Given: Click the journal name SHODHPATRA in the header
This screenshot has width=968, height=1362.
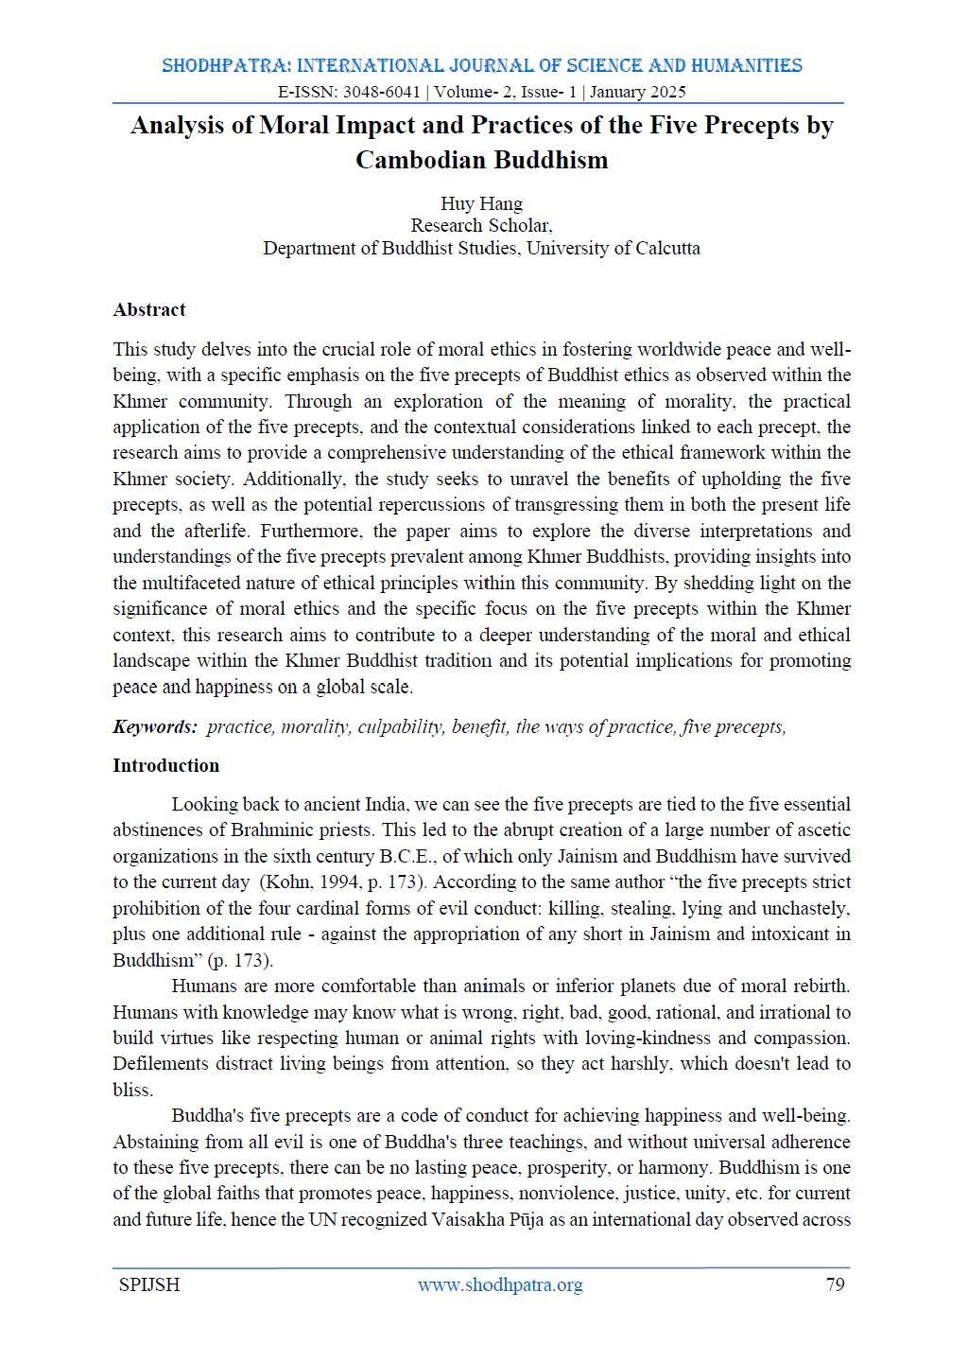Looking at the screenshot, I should pos(226,65).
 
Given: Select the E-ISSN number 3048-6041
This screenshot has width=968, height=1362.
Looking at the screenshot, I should pos(381,92).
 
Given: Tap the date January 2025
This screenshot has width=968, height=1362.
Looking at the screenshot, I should pos(638,92).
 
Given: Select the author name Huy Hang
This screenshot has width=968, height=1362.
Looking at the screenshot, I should pos(481,203).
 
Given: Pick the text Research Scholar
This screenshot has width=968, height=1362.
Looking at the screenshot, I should pos(481,225).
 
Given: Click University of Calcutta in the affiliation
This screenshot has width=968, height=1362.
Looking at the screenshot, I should pos(614,248).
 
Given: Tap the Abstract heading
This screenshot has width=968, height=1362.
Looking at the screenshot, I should pos(149,309).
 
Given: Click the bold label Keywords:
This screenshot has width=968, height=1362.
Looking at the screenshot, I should pos(155,726).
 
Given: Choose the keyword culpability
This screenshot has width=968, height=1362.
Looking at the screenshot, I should pos(400,726).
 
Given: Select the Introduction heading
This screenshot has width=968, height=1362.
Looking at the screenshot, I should pos(166,765).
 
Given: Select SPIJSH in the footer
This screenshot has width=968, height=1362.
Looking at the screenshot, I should pos(149,1284).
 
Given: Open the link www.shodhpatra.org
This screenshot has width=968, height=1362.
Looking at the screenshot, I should pos(500,1284).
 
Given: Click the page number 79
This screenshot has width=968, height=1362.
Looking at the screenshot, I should pos(835,1284).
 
